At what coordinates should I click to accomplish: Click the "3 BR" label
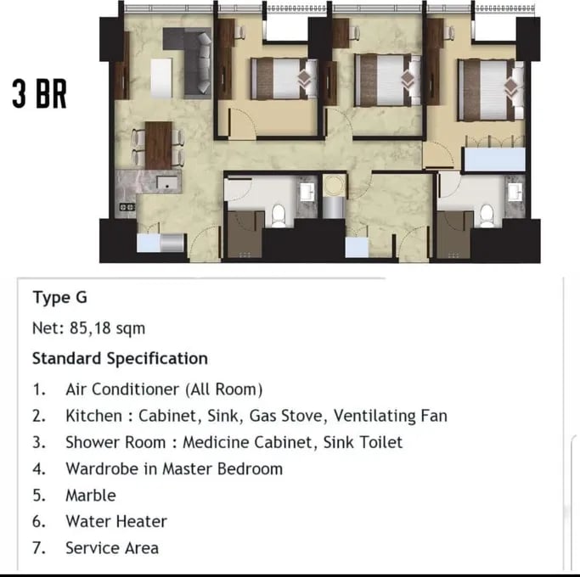[x=39, y=94]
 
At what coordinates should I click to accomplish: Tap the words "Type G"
[x=60, y=298]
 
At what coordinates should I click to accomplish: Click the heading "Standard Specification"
[x=120, y=359]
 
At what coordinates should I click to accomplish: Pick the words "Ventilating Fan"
[x=391, y=416]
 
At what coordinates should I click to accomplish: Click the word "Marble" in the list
[x=91, y=496]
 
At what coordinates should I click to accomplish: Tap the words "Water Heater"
[x=116, y=522]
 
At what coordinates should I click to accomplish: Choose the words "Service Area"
[x=112, y=548]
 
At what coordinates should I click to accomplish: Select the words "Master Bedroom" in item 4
[x=222, y=469]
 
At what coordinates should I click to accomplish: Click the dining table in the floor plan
[x=158, y=145]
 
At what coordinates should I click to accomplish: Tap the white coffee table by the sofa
[x=161, y=78]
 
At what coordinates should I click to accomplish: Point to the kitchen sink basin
[x=167, y=183]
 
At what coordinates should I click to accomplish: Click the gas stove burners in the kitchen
[x=127, y=207]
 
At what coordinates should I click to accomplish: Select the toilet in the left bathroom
[x=279, y=216]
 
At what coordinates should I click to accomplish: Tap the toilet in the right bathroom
[x=487, y=216]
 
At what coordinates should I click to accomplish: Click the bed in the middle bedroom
[x=387, y=80]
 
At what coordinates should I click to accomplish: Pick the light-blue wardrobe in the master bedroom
[x=494, y=160]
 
